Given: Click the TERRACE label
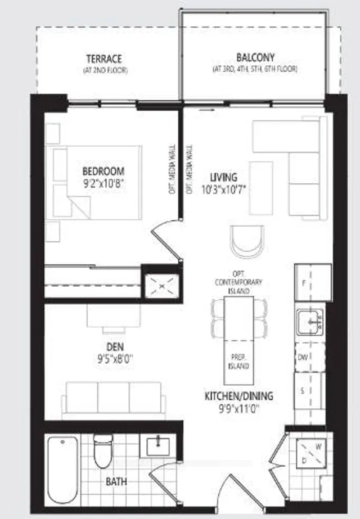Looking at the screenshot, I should click(x=104, y=58).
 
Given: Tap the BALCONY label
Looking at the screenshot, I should click(x=255, y=58).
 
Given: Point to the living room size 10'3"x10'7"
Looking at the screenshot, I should click(x=224, y=189).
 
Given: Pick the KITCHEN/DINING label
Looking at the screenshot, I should click(x=238, y=396).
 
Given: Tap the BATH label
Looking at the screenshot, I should click(x=116, y=482).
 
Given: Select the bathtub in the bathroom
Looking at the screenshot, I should click(x=62, y=470).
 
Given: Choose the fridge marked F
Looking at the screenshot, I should click(x=308, y=283).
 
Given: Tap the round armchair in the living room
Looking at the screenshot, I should click(x=247, y=240).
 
